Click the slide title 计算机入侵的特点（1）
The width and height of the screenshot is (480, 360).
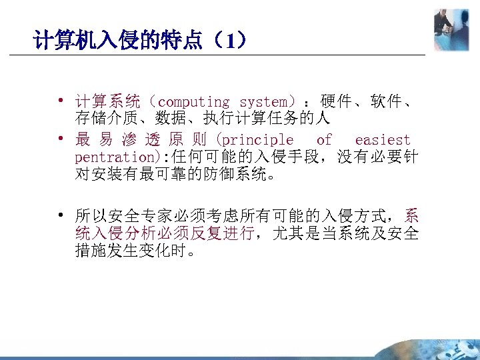tap(141, 42)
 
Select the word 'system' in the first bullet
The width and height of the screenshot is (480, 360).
tap(263, 103)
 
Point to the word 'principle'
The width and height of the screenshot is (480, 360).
tap(256, 140)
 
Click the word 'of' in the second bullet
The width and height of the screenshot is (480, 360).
tap(324, 140)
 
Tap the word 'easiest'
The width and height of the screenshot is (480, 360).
tap(383, 140)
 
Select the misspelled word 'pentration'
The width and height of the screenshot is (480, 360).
tap(113, 158)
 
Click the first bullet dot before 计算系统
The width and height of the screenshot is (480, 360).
tap(61, 102)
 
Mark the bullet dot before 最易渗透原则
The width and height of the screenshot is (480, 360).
tap(61, 140)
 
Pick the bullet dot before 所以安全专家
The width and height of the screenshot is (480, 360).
tap(61, 215)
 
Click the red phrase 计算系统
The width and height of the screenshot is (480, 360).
tap(107, 103)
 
